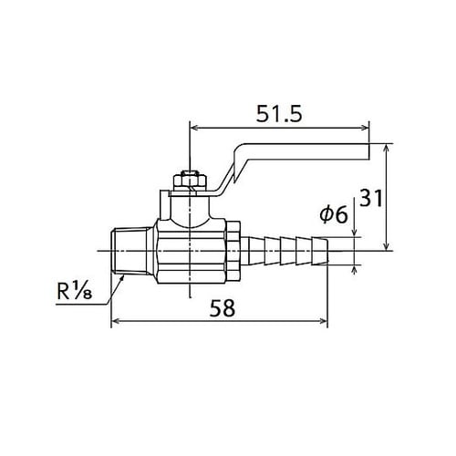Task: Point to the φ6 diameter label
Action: pyautogui.click(x=334, y=214)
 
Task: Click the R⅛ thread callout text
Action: pyautogui.click(x=78, y=293)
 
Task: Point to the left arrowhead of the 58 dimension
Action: pyautogui.click(x=115, y=321)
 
